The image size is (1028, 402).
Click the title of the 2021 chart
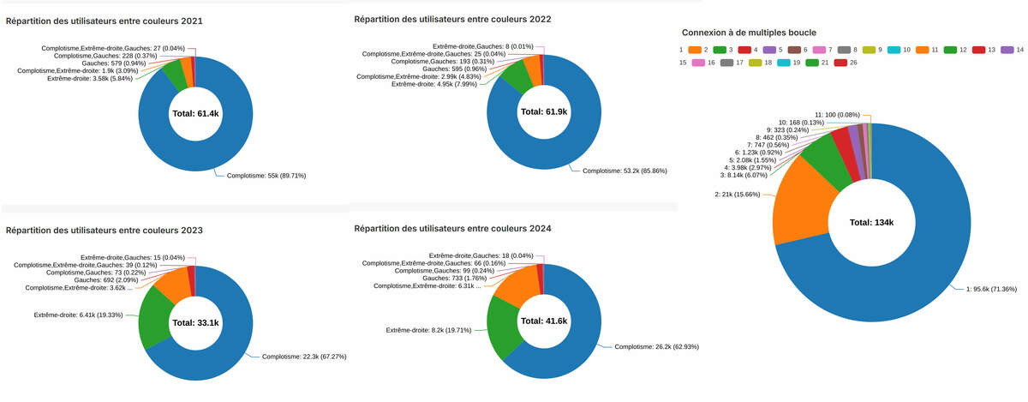click(x=105, y=21)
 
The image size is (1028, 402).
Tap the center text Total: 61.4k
click(x=195, y=113)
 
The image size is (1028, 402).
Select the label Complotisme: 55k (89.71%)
click(x=266, y=175)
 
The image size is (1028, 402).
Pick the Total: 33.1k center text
click(x=195, y=323)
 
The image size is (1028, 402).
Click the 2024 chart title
click(x=452, y=229)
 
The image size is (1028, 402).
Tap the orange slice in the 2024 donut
click(x=515, y=285)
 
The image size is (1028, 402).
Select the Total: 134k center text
click(x=871, y=223)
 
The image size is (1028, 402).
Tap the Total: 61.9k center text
click(x=543, y=112)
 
